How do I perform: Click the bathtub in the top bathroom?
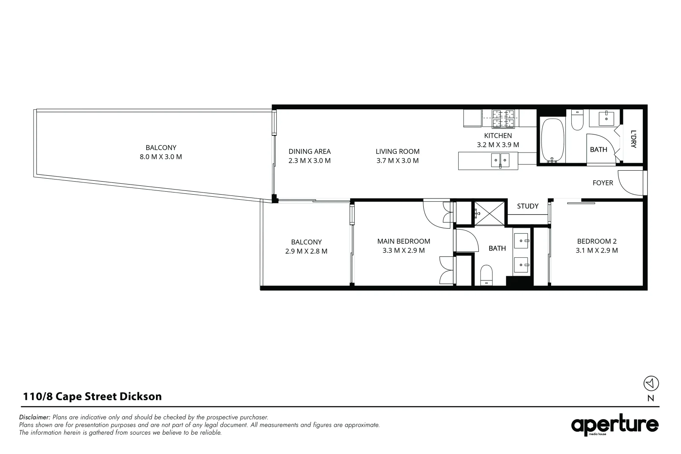(x=553, y=140)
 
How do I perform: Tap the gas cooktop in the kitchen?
(x=503, y=118)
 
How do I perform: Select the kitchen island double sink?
(x=500, y=160)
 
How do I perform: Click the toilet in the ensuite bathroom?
(x=486, y=275)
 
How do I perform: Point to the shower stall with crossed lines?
(x=489, y=214)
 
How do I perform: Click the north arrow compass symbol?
(x=651, y=383)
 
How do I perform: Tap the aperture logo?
(x=615, y=425)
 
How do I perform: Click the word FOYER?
(x=603, y=183)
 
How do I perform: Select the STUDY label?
(x=528, y=206)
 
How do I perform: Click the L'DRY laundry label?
(x=633, y=139)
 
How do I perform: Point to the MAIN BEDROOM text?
(x=404, y=241)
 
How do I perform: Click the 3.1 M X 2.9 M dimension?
(x=597, y=250)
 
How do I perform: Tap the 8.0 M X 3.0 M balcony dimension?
(x=161, y=157)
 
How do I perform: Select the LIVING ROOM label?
(x=398, y=151)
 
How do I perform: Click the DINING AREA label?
(x=309, y=151)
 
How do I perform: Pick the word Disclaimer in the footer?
(x=34, y=417)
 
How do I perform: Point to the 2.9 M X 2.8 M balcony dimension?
(x=306, y=251)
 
